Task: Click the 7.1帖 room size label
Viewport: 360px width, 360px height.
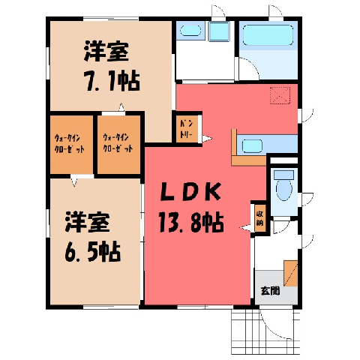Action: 112,82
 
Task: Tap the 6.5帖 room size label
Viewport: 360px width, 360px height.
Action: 92,252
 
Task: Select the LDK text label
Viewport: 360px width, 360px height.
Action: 190,192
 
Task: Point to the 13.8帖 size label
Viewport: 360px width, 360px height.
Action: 191,222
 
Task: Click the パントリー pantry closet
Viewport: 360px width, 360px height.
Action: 187,129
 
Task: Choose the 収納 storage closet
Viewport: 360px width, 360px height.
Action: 259,218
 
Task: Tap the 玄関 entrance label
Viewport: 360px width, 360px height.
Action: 270,291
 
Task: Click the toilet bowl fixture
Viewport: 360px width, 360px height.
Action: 284,189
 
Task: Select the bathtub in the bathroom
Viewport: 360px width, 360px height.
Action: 268,35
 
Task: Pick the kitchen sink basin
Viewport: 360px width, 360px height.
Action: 253,146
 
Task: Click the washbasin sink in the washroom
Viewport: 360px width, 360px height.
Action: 190,31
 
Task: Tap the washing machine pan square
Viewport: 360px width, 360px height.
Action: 219,31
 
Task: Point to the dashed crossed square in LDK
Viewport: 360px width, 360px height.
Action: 280,95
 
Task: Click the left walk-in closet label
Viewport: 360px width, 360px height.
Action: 69,144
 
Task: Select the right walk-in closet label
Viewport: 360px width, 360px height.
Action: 118,144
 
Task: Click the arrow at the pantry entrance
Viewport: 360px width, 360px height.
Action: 207,138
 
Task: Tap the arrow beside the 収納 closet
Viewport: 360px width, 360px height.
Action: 245,228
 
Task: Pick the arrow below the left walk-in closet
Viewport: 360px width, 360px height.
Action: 74,181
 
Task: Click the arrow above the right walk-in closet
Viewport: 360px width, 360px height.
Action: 121,107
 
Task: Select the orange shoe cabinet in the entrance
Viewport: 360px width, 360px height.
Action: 291,273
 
